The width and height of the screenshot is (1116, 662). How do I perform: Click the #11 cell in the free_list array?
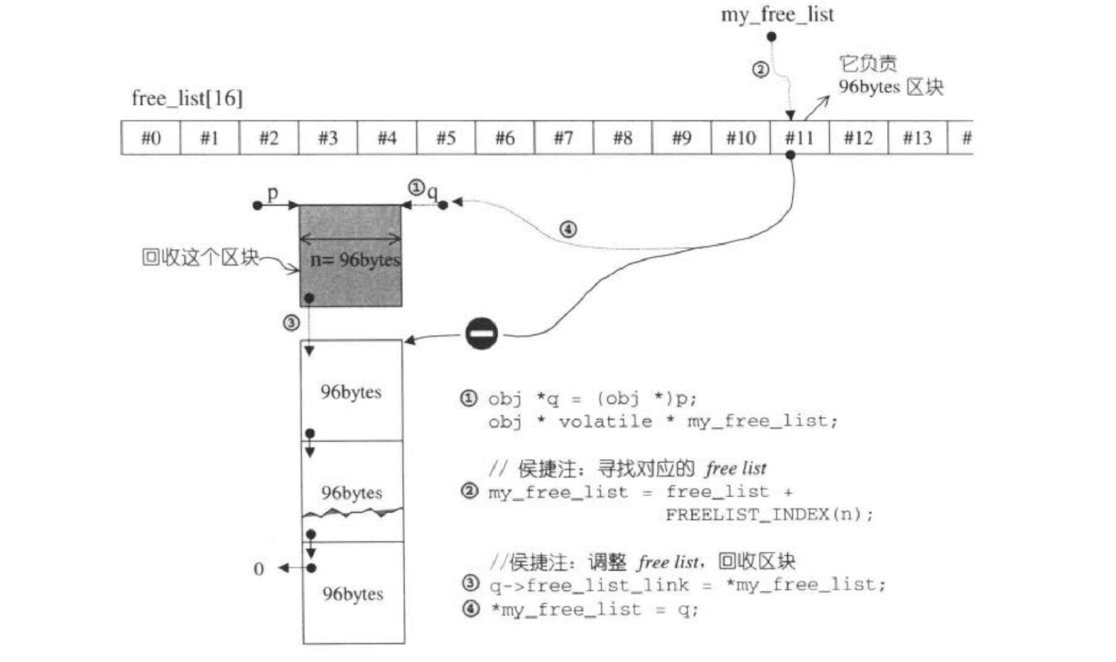click(x=799, y=138)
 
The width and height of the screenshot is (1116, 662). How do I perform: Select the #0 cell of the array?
click(x=151, y=138)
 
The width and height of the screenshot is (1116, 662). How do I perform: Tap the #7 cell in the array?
click(x=563, y=138)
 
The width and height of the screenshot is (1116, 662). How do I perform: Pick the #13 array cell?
click(x=917, y=138)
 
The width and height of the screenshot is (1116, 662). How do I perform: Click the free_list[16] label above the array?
click(x=187, y=99)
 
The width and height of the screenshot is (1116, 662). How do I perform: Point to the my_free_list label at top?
click(x=777, y=15)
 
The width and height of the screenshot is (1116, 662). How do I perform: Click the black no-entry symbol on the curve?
click(x=482, y=333)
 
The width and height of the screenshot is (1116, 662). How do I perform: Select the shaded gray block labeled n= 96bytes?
click(x=351, y=256)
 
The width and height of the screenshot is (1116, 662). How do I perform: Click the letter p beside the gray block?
click(x=273, y=192)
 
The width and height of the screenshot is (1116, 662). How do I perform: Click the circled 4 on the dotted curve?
click(x=568, y=229)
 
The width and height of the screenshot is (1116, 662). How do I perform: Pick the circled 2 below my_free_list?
click(x=760, y=70)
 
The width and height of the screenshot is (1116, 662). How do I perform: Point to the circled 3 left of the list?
click(x=291, y=323)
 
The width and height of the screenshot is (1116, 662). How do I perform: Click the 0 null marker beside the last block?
click(x=259, y=569)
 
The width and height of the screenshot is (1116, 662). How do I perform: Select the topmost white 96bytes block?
click(x=352, y=391)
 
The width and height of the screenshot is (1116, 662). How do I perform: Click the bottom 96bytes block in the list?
click(x=353, y=593)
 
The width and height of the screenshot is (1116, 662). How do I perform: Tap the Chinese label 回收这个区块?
click(x=200, y=257)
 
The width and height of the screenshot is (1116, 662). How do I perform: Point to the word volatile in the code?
click(x=605, y=422)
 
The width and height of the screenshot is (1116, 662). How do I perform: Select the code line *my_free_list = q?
click(x=593, y=609)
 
